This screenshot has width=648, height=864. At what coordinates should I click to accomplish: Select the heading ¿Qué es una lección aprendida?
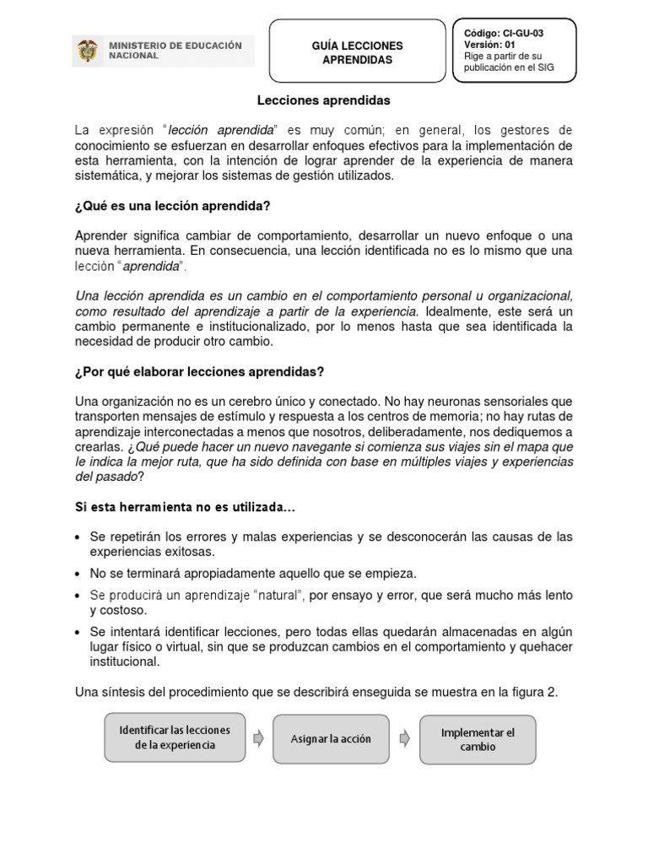[x=172, y=205]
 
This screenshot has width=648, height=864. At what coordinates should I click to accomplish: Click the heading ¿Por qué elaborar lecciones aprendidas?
[x=199, y=372]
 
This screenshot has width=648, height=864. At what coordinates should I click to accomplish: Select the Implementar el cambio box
[x=477, y=740]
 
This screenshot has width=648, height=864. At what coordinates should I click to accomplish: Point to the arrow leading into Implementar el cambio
[x=405, y=738]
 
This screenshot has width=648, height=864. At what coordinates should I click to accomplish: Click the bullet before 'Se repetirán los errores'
[x=78, y=537]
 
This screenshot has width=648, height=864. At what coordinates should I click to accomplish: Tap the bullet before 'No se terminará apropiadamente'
[x=78, y=574]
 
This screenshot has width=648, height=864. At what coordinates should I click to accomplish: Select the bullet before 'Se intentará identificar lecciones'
[x=78, y=632]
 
